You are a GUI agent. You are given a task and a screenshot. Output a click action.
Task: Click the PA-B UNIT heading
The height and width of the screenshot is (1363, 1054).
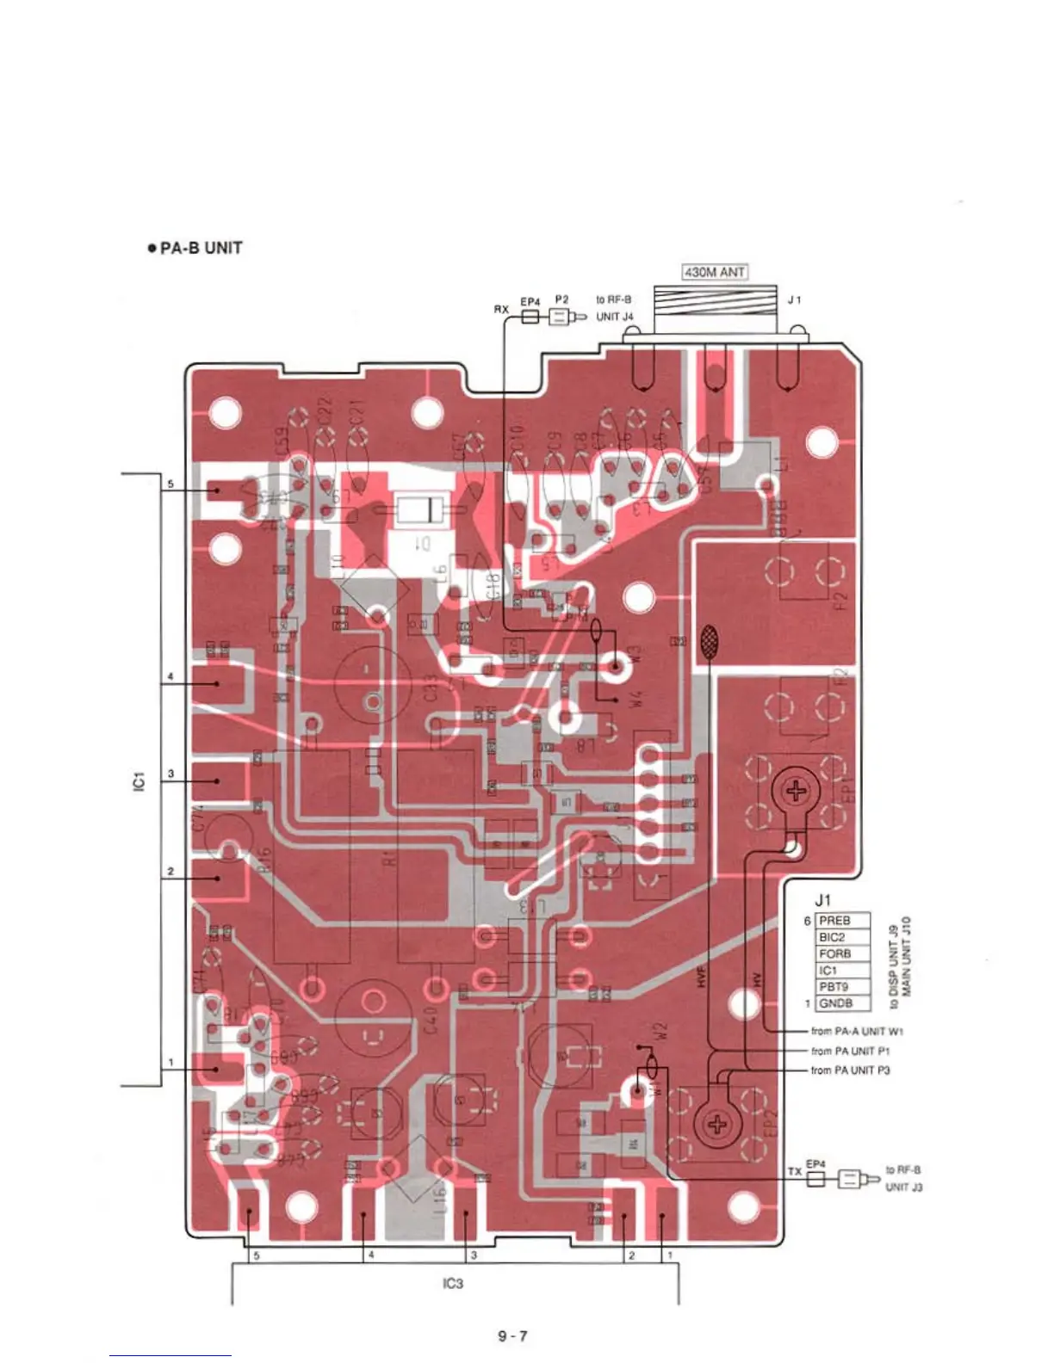point(195,248)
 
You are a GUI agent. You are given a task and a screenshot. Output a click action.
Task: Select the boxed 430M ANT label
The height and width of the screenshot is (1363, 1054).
point(715,272)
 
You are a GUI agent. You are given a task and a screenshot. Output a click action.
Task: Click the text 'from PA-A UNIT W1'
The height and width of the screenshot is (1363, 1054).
point(857,1031)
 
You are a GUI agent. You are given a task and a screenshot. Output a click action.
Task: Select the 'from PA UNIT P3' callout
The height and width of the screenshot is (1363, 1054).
point(850,1070)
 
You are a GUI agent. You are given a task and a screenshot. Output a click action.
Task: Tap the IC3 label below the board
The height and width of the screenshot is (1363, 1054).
point(452,1283)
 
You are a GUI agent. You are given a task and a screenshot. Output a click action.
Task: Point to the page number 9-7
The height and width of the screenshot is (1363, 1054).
point(512,1336)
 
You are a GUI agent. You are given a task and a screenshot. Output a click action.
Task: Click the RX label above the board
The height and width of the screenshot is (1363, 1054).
point(501,308)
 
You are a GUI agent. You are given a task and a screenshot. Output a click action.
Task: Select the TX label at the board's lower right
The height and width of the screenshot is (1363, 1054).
point(794,1172)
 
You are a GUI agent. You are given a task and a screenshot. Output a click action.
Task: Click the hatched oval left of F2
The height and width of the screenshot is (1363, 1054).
point(708,642)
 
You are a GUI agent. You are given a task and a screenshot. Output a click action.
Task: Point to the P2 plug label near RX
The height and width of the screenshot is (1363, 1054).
point(561,299)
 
